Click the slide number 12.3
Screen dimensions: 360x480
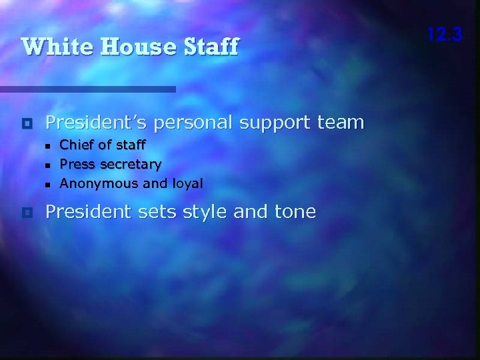pos(445,34)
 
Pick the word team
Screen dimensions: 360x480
pos(341,123)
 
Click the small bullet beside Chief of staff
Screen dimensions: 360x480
pos(47,145)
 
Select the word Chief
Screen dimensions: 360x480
pos(75,144)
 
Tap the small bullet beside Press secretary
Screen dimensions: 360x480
pos(47,165)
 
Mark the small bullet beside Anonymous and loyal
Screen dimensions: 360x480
pos(47,183)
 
